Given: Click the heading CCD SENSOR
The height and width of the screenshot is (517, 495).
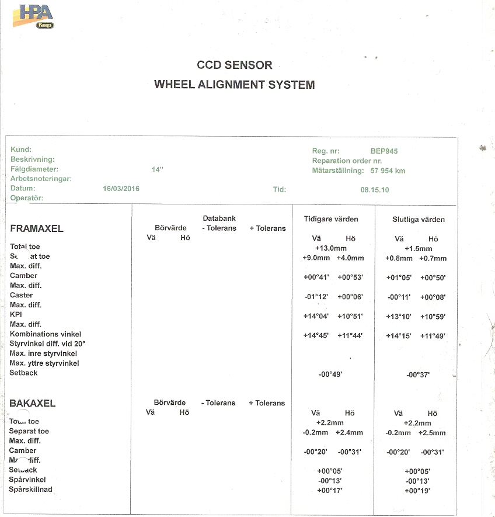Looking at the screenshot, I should pos(235,65).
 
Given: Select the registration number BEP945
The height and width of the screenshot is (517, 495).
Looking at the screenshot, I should pos(384,151).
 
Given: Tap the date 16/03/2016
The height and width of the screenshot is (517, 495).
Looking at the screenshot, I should pos(121,189).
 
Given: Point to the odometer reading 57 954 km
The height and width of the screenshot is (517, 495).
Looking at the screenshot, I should pos(388,171).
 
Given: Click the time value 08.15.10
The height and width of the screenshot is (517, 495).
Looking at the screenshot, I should pos(375,189).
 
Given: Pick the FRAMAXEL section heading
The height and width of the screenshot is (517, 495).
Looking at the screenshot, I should pos(37,228).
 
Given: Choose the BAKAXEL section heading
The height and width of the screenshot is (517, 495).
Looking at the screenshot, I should pos(33,404).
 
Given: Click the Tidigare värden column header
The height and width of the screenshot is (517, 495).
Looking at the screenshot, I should pos(331,219).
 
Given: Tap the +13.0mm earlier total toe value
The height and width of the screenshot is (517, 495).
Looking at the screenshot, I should pos(332,248).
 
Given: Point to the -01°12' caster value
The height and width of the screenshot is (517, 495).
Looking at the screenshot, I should pos(317,297).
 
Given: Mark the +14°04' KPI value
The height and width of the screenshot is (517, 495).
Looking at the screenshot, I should pos(316,316).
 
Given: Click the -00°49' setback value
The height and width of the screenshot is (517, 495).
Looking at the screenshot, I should pos(330,374).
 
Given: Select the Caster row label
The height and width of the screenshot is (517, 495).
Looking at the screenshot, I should pos(22,295).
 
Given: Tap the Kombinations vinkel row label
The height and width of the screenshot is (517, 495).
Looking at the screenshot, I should pos(46,334).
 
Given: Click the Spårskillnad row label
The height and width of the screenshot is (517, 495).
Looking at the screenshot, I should pos(31,489).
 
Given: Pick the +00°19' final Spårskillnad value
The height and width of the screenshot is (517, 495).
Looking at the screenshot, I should pos(417,490).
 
